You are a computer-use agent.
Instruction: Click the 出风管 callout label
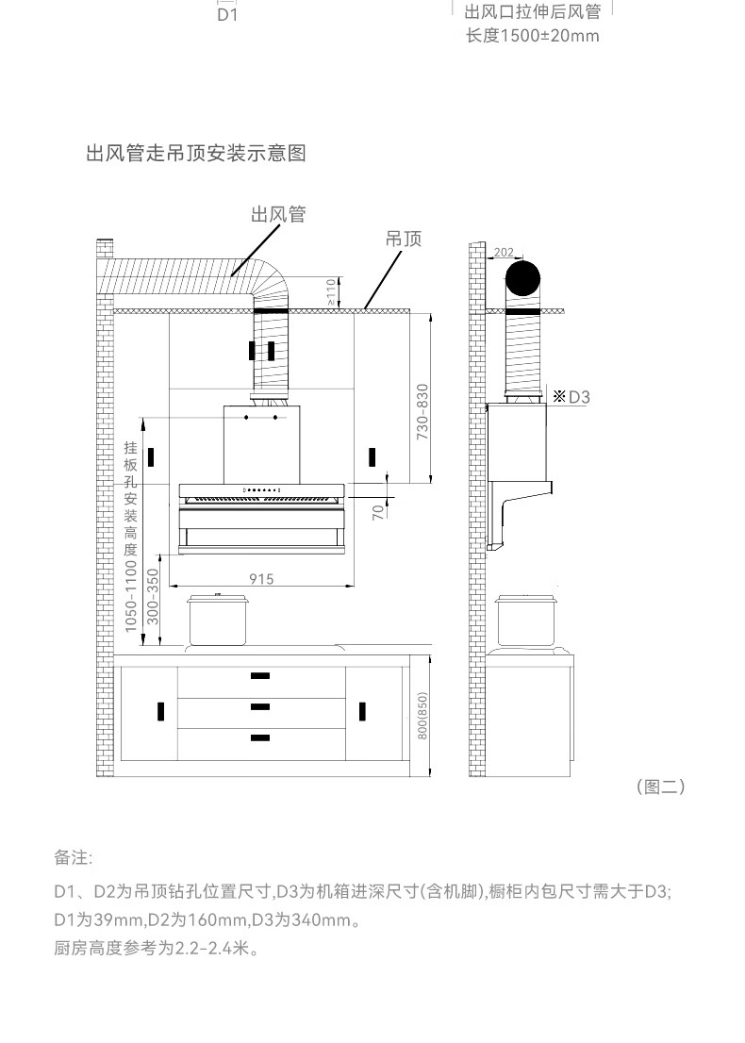pyautogui.click(x=278, y=214)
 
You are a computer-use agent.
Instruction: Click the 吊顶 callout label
pyautogui.click(x=404, y=239)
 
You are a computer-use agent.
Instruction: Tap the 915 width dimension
pyautogui.click(x=261, y=579)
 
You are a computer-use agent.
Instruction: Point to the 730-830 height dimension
pyautogui.click(x=422, y=411)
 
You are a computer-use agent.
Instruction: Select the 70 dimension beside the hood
pyautogui.click(x=378, y=512)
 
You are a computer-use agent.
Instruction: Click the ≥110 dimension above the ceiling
pyautogui.click(x=331, y=292)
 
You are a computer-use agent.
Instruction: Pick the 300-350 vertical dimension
pyautogui.click(x=153, y=596)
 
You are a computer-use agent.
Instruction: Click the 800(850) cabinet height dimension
pyautogui.click(x=422, y=715)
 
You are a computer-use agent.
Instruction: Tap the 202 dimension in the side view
pyautogui.click(x=504, y=252)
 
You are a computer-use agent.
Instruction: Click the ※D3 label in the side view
pyautogui.click(x=571, y=397)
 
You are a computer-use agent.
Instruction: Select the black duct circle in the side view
pyautogui.click(x=522, y=279)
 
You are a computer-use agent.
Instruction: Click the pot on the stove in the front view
pyautogui.click(x=218, y=620)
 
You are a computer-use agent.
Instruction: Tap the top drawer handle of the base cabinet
pyautogui.click(x=260, y=676)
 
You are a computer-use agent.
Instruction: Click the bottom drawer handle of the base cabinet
pyautogui.click(x=260, y=737)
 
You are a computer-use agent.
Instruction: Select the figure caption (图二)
pyautogui.click(x=660, y=786)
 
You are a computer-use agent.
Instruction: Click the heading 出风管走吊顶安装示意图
pyautogui.click(x=196, y=153)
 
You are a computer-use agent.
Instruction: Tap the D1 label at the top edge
pyautogui.click(x=227, y=15)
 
